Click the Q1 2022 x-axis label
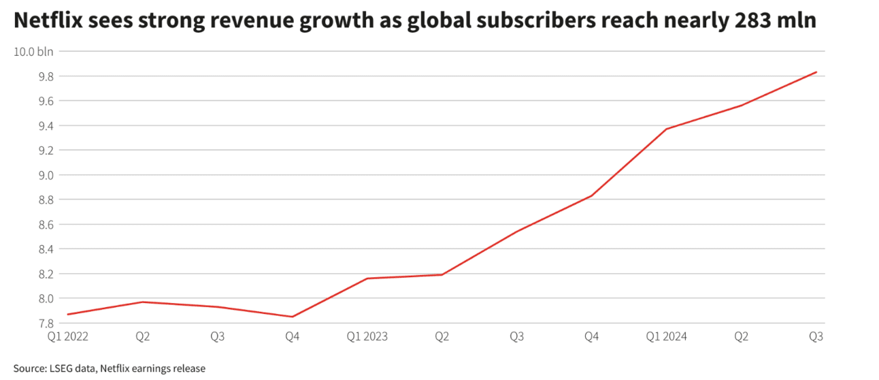click(x=67, y=336)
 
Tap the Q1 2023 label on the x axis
click(x=367, y=336)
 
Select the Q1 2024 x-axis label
click(x=666, y=336)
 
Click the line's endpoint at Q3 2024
click(x=816, y=72)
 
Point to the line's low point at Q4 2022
click(x=293, y=317)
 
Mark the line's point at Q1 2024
click(x=666, y=129)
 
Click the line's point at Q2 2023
click(x=442, y=274)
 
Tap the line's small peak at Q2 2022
click(x=143, y=302)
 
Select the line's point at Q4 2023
click(x=591, y=195)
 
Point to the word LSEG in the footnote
click(x=65, y=368)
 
